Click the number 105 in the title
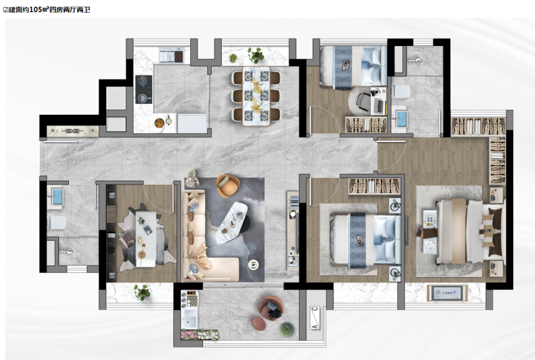(35, 10)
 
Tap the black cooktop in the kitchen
(144, 89)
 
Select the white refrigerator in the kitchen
(192, 123)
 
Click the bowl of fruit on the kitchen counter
(159, 123)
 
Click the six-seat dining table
(256, 96)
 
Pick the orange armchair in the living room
(228, 185)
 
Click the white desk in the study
(146, 239)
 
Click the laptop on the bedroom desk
(379, 106)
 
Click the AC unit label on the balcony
(315, 318)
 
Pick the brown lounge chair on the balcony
(271, 308)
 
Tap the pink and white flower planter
(199, 335)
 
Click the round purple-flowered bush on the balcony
(286, 329)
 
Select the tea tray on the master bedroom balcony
(447, 293)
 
